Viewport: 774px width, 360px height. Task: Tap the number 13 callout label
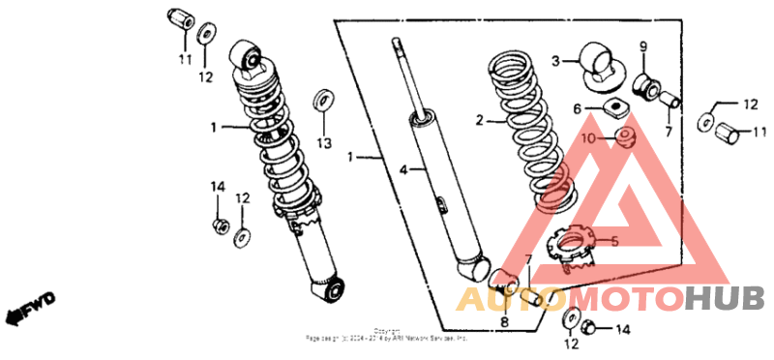click(323, 143)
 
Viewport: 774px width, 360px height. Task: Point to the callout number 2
click(478, 121)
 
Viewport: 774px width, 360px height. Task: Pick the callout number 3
click(556, 61)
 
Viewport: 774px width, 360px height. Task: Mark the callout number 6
click(578, 109)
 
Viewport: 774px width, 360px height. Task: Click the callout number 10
click(589, 138)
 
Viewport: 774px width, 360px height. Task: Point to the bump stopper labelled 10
click(625, 135)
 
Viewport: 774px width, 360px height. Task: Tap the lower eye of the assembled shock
click(332, 289)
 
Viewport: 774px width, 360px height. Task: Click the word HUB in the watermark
click(724, 299)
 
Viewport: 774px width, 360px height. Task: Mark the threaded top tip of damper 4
click(397, 44)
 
